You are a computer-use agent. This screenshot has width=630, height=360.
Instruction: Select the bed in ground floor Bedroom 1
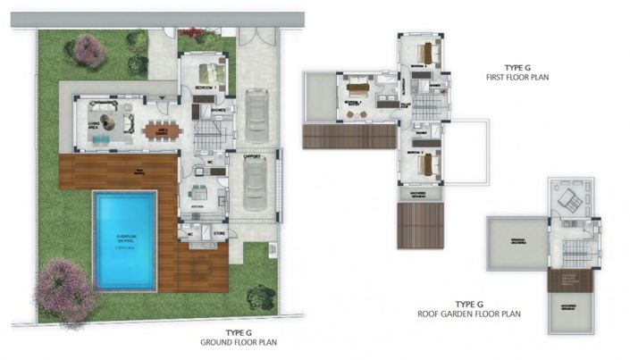[x=211, y=71]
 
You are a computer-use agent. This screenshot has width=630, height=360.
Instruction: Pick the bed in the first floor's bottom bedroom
[x=425, y=164]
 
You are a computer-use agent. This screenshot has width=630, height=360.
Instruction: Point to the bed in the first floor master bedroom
[x=357, y=88]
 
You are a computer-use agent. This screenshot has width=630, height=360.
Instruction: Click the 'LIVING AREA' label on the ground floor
[x=92, y=127]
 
